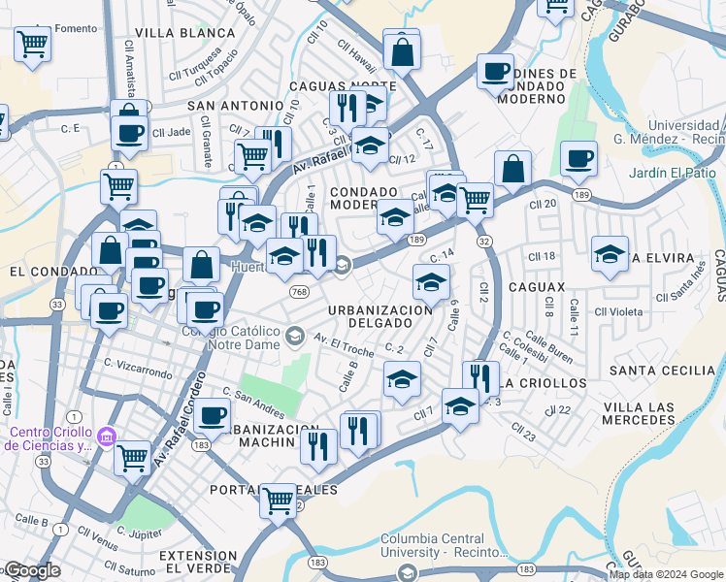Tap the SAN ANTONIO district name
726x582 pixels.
pyautogui.click(x=235, y=105)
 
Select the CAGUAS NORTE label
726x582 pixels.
pyautogui.click(x=342, y=86)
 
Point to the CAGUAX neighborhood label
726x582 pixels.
pyautogui.click(x=542, y=288)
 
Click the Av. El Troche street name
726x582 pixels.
pyautogui.click(x=344, y=340)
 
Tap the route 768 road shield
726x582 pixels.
pyautogui.click(x=298, y=291)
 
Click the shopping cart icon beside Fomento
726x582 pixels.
pyautogui.click(x=33, y=44)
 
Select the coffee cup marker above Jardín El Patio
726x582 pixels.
pyautogui.click(x=579, y=157)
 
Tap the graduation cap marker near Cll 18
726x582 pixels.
pyautogui.click(x=610, y=254)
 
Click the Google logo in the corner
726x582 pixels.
pyautogui.click(x=31, y=570)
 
